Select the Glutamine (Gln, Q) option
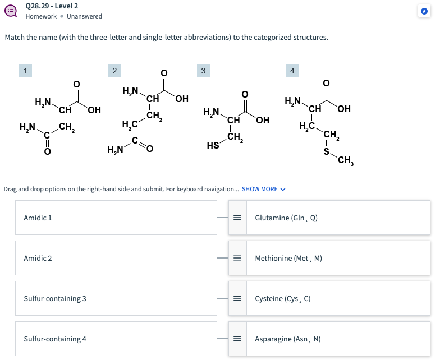pyautogui.click(x=286, y=218)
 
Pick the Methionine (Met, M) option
pyautogui.click(x=288, y=258)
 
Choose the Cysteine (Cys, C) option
pyautogui.click(x=283, y=298)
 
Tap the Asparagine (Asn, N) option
pyautogui.click(x=288, y=339)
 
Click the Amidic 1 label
pyautogui.click(x=38, y=218)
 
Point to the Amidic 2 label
pyautogui.click(x=38, y=258)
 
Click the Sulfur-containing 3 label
pyautogui.click(x=55, y=298)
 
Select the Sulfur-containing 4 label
pyautogui.click(x=55, y=339)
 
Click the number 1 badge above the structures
pyautogui.click(x=25, y=70)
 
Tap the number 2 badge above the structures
pyautogui.click(x=114, y=70)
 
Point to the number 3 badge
pyautogui.click(x=203, y=70)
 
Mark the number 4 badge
pyautogui.click(x=292, y=70)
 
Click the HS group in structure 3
pyautogui.click(x=213, y=146)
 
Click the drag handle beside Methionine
pyautogui.click(x=237, y=258)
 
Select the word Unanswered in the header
pyautogui.click(x=84, y=16)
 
